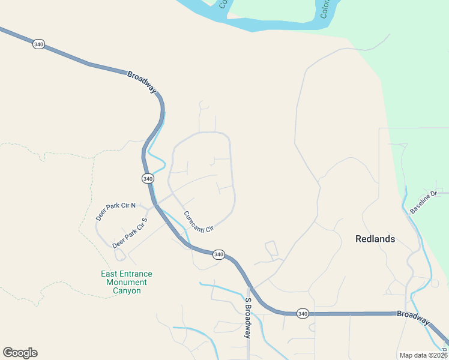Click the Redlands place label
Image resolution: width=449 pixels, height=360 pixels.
click(375, 239)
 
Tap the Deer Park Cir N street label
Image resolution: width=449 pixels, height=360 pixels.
click(116, 211)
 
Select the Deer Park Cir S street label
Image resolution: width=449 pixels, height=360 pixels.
click(129, 233)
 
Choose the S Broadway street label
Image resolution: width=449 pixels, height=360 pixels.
click(247, 318)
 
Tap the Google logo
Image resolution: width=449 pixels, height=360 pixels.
click(20, 353)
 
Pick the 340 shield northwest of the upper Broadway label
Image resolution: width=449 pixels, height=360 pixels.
click(38, 45)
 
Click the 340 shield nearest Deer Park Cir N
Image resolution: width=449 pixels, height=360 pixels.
click(148, 179)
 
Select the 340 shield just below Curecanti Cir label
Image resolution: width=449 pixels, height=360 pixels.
click(218, 254)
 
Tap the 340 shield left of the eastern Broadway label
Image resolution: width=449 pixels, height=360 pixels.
click(303, 313)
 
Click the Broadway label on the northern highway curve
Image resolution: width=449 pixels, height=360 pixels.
click(142, 82)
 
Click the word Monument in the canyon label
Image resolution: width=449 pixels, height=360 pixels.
click(127, 282)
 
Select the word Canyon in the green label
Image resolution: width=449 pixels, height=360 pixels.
click(127, 290)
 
